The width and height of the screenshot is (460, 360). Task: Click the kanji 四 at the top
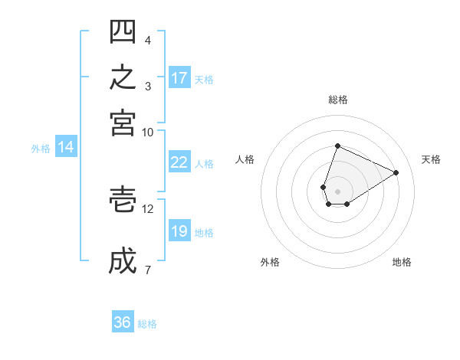coord(123,31)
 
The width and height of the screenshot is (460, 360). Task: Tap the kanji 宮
coord(123,123)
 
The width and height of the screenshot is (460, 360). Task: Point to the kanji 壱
coord(123,199)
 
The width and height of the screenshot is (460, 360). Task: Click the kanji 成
coord(123,260)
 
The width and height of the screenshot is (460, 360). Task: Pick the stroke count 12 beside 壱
coord(147,209)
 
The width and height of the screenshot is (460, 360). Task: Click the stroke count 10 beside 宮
coord(147,133)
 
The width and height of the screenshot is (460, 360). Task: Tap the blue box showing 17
coord(179,77)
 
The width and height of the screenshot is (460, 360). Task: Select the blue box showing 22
coord(179,162)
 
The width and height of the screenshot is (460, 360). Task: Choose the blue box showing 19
coord(179,230)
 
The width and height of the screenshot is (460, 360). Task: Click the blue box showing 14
coord(66,146)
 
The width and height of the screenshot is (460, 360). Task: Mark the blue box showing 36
coord(123,321)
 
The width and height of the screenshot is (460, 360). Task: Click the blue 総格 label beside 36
coord(147,324)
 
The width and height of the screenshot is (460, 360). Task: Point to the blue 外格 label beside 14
coord(41,149)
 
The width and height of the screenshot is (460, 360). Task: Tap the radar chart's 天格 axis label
coord(431,159)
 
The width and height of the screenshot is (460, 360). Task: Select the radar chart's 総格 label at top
coord(338,100)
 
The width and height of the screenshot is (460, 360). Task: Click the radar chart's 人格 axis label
coord(245,159)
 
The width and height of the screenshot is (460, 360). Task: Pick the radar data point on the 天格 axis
coord(396,172)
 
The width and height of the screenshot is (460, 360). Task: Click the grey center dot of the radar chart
coord(337,191)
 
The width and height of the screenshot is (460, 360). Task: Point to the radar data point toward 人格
coord(323,187)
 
